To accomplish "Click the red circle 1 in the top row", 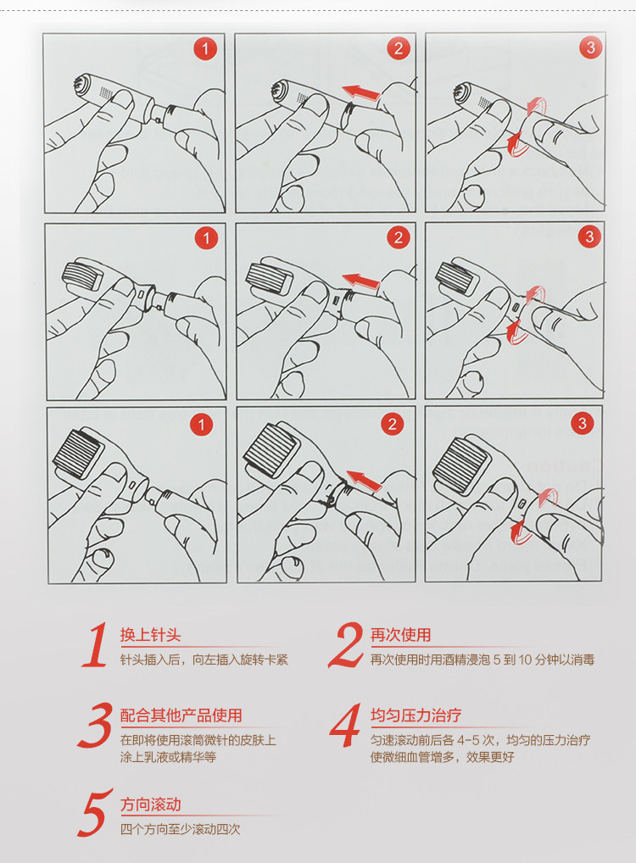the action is point(205,49).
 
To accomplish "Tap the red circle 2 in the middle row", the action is point(398,237).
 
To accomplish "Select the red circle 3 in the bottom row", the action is point(582,423).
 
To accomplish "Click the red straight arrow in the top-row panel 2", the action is point(361,92).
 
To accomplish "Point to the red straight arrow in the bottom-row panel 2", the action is point(364,480).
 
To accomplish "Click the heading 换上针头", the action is point(150,635).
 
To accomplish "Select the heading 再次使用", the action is point(400,635).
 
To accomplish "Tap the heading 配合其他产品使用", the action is point(181,715).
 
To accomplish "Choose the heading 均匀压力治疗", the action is point(416,715).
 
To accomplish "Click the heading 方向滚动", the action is point(150,805).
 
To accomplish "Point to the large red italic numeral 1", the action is point(95,644).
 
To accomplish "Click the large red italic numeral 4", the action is point(346,726).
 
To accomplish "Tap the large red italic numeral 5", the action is point(95,814).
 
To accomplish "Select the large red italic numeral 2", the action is point(346,645).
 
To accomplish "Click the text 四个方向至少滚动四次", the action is point(180,829).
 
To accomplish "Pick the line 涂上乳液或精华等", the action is point(168,757).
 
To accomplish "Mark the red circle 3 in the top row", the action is point(590,47).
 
